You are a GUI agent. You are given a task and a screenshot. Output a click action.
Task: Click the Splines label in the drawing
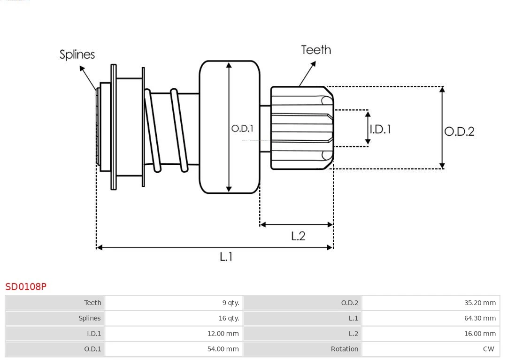click(x=77, y=54)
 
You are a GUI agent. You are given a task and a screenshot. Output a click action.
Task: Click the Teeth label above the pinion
click(x=316, y=50)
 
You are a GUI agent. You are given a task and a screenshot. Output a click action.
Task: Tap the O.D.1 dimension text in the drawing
click(x=242, y=128)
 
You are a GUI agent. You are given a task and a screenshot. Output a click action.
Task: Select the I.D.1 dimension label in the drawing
click(x=380, y=129)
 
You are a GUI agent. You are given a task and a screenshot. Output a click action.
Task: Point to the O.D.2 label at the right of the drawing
click(x=459, y=131)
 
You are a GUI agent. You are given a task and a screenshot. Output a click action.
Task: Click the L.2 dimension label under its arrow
click(x=298, y=236)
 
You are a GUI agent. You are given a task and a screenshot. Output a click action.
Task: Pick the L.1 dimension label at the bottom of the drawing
click(x=226, y=257)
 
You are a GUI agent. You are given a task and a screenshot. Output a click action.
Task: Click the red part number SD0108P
click(x=26, y=286)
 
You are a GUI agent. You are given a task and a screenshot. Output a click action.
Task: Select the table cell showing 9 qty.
click(x=230, y=303)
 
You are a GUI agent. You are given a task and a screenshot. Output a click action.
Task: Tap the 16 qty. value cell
click(x=229, y=318)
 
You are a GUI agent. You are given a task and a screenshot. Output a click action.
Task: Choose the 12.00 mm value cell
click(x=223, y=334)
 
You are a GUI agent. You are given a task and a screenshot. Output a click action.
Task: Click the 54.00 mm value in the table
click(x=223, y=349)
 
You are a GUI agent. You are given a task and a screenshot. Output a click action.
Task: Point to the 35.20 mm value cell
click(x=480, y=303)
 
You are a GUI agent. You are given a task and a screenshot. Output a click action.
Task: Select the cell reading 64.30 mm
click(x=480, y=318)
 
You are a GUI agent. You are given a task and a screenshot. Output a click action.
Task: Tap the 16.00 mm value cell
click(x=480, y=334)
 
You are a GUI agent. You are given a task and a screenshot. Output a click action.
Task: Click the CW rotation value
click(x=488, y=349)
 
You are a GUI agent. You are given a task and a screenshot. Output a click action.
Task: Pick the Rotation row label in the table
click(x=344, y=349)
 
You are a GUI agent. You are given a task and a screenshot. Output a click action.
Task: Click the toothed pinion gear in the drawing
click(x=300, y=128)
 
